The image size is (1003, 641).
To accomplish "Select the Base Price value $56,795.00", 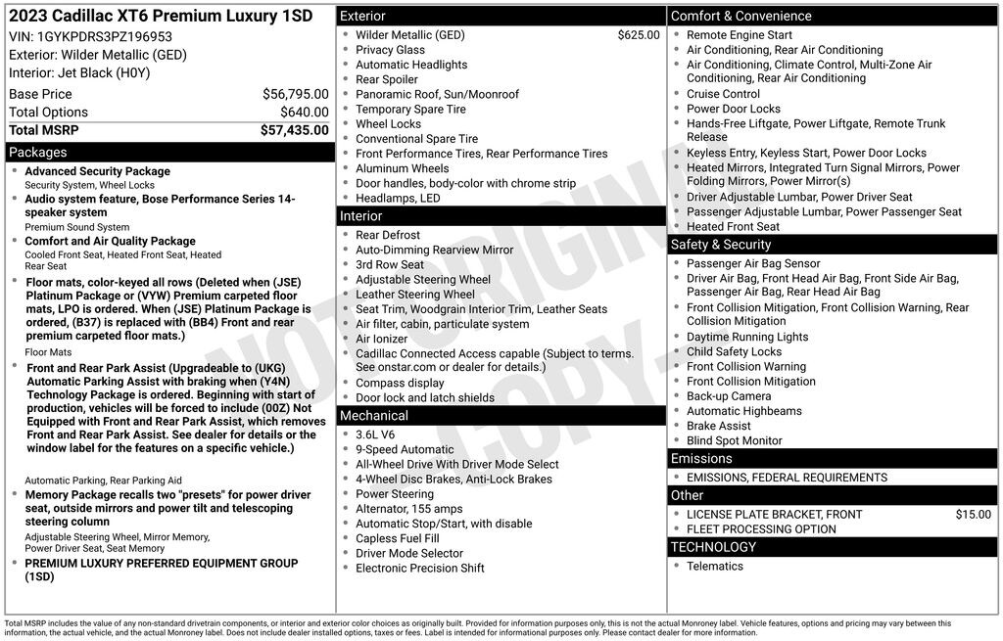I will (295, 94).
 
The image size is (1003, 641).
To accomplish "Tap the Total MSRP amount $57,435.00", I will (294, 130).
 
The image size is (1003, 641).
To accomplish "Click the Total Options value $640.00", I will (302, 113).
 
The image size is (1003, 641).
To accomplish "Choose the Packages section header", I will (38, 153).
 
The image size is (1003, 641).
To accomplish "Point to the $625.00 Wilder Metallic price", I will (639, 35).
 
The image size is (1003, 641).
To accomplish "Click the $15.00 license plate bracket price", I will (973, 515).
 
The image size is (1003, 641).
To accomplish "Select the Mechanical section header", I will (374, 416).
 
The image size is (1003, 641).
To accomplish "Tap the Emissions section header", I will (701, 459).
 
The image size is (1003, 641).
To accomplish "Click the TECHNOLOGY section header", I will (713, 547).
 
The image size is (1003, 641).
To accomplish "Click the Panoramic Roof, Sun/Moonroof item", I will (437, 95).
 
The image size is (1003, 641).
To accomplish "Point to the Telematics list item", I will (714, 567).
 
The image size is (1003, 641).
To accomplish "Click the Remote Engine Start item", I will (739, 35).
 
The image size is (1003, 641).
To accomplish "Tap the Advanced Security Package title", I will (97, 171).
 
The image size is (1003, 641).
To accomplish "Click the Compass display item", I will (400, 384).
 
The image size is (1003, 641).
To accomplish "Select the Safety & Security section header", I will (721, 245).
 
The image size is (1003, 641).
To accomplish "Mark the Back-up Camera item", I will (729, 396).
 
